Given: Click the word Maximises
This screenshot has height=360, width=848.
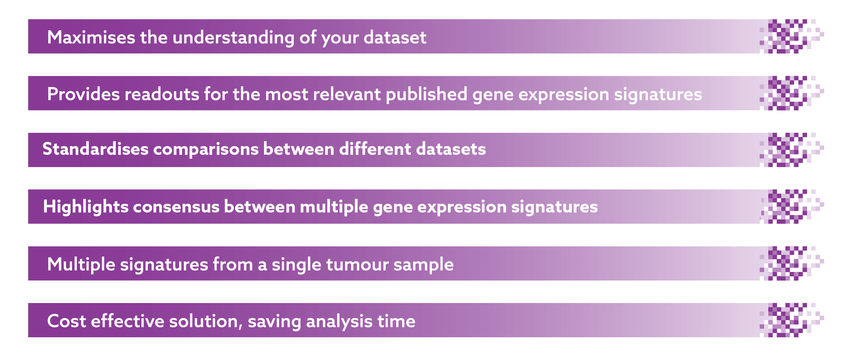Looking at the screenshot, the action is click(x=91, y=37).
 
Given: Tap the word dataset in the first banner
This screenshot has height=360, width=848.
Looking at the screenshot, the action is click(x=395, y=37).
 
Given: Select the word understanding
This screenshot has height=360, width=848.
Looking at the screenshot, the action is click(x=234, y=38).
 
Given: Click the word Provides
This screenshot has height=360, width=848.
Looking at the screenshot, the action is click(x=83, y=94).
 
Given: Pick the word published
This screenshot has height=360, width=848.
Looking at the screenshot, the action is click(x=427, y=94).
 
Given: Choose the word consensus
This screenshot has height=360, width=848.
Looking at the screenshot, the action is click(x=176, y=207).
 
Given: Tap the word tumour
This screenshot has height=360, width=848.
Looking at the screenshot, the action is click(x=357, y=264).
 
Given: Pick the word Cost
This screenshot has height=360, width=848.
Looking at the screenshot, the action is click(x=66, y=321).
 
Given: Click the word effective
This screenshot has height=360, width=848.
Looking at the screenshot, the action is click(x=127, y=321).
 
